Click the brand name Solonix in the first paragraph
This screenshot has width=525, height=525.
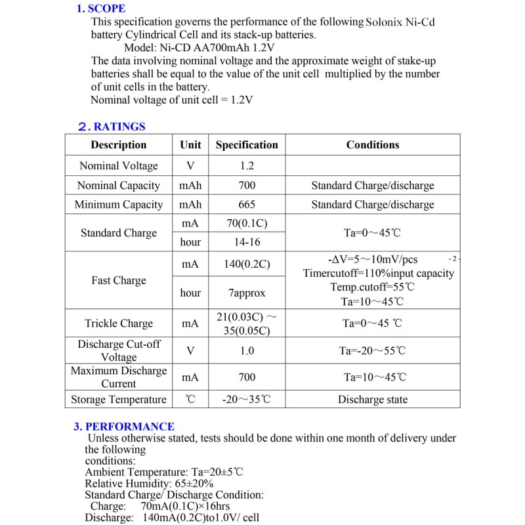click(x=385, y=22)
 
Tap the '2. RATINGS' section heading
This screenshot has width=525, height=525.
click(x=111, y=127)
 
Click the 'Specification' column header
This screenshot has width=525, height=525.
click(x=247, y=145)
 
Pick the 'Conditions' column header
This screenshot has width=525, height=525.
click(x=372, y=145)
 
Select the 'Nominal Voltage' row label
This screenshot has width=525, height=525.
click(x=119, y=166)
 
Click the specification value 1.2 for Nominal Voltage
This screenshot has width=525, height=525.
click(x=247, y=166)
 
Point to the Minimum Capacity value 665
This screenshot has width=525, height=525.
click(x=247, y=205)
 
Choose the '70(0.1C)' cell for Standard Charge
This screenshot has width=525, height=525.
click(x=247, y=224)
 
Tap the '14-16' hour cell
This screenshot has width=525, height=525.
click(x=247, y=242)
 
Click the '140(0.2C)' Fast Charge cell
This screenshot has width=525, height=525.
click(x=247, y=265)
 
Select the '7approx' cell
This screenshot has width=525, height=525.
click(x=247, y=293)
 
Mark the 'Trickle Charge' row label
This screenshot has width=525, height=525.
click(x=119, y=324)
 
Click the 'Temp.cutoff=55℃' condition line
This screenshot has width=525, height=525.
click(x=372, y=287)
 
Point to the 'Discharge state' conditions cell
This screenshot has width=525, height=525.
click(x=372, y=400)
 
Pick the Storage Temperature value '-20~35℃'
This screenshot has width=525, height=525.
click(x=247, y=400)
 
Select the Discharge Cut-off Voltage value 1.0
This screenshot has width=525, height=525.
click(x=247, y=351)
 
